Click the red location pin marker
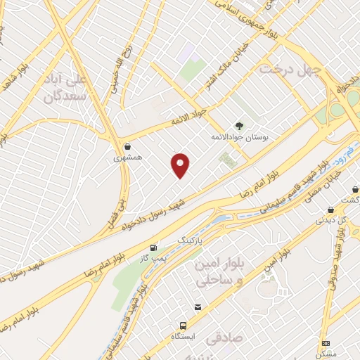click(x=181, y=165)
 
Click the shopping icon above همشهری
click(x=127, y=147)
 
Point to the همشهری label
click(x=128, y=158)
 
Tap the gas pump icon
click(x=153, y=248)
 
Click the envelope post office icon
click(x=199, y=307)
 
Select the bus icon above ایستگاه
click(x=183, y=326)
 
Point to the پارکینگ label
click(x=193, y=240)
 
